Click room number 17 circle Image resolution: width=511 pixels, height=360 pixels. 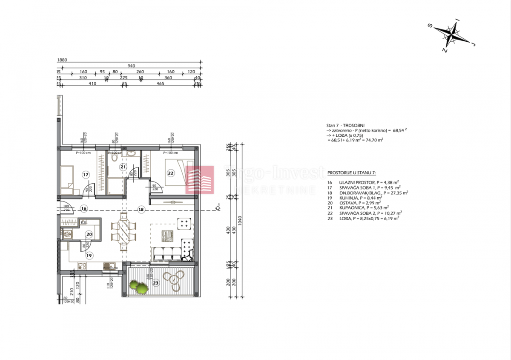click(85, 174)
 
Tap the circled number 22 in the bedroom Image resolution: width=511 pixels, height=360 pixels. click(171, 173)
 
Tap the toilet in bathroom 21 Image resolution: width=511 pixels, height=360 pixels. click(114, 158)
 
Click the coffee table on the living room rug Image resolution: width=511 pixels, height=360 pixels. click(167, 235)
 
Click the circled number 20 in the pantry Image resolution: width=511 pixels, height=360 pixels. click(89, 234)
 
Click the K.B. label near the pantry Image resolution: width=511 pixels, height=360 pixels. click(84, 222)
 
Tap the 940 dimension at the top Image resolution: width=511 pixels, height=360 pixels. click(131, 66)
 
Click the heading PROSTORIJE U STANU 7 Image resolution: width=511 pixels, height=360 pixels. click(351, 173)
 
